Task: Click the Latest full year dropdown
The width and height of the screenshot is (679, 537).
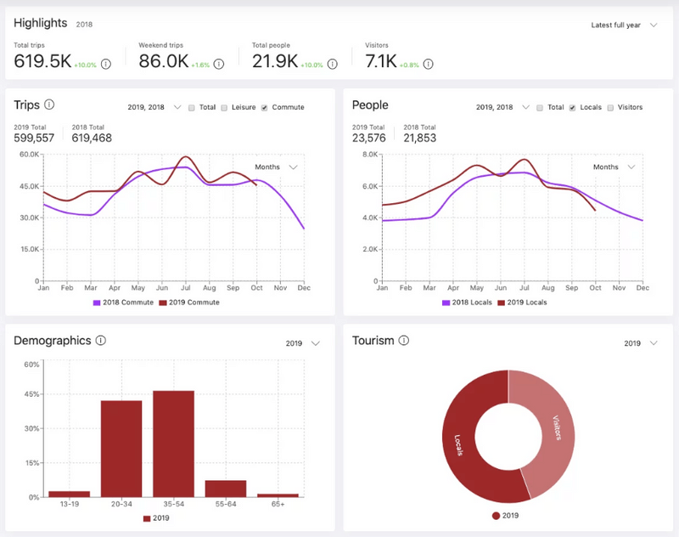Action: tap(624, 25)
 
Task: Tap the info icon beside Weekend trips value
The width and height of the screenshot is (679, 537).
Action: tap(219, 64)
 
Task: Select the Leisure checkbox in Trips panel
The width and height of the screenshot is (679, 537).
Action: tap(225, 108)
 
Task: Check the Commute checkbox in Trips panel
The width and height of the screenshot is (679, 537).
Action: tap(265, 108)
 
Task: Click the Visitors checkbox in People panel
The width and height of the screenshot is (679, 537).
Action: tap(611, 108)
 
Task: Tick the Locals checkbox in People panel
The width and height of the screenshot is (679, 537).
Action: tap(573, 108)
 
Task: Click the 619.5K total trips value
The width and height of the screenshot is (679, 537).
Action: tap(42, 61)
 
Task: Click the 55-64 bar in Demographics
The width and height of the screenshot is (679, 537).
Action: tap(226, 489)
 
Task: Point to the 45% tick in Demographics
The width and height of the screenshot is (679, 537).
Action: tap(31, 394)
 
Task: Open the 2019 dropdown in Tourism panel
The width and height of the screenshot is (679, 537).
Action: tap(641, 343)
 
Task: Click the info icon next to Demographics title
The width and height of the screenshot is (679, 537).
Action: tap(101, 341)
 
